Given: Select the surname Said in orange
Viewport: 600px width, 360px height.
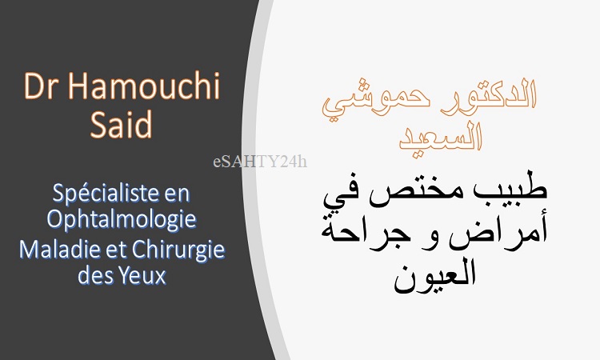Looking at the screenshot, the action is [x=122, y=124].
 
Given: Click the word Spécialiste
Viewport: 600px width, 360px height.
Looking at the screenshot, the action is [x=105, y=194].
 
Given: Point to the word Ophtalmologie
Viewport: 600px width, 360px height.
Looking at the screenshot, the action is [x=122, y=220].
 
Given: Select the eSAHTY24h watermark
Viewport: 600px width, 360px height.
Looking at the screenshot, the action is [x=260, y=162].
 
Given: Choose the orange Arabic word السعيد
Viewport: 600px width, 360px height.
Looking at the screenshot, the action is [x=441, y=135].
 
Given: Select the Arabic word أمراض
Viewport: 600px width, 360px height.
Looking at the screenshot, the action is [x=498, y=230].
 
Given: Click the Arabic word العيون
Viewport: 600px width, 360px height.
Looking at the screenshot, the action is [x=435, y=274].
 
